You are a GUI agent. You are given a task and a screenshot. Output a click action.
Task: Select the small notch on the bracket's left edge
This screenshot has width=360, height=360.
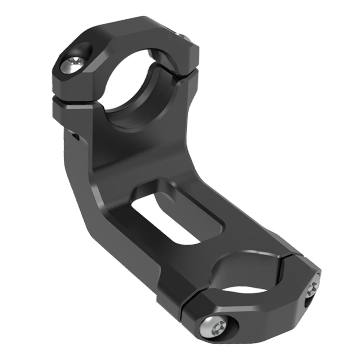coord(75,135)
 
